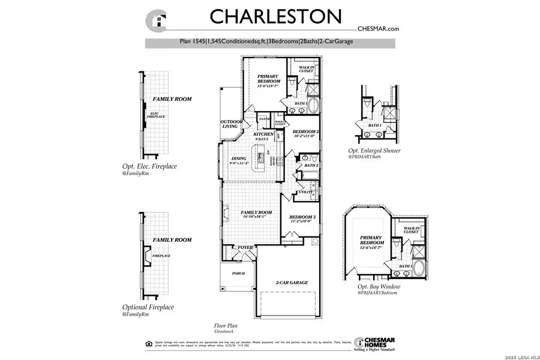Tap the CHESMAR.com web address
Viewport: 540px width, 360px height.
click(378, 28)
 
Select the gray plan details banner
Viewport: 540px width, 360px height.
click(270, 43)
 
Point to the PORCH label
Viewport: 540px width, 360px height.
click(238, 273)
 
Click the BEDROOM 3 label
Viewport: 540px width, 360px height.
click(302, 217)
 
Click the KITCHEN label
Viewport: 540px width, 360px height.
click(264, 135)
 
